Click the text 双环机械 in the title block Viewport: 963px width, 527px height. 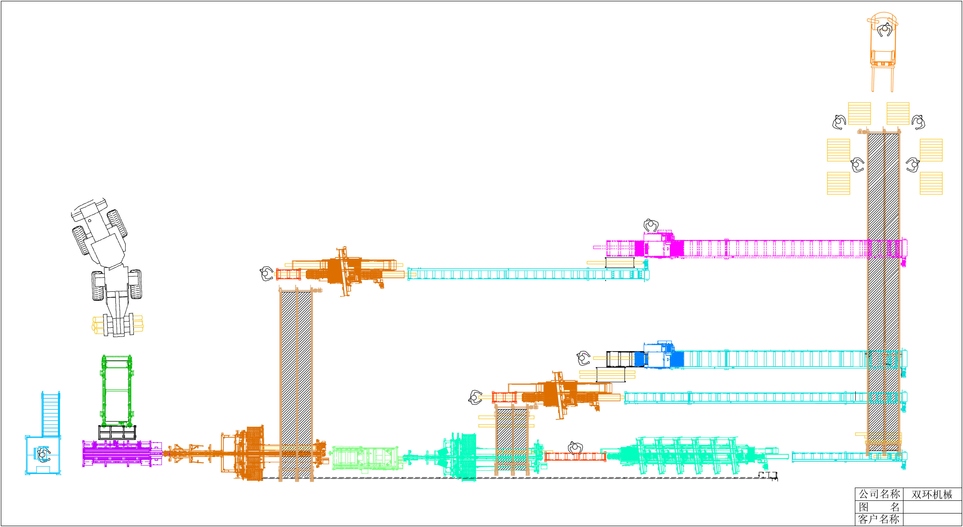click(932, 495)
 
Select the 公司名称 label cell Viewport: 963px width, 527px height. click(879, 495)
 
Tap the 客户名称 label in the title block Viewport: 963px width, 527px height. click(879, 519)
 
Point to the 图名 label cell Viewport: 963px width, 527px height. click(879, 507)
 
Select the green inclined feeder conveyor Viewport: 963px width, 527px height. click(117, 391)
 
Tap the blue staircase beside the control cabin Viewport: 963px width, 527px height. click(51, 414)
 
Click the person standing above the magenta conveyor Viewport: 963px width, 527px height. click(651, 225)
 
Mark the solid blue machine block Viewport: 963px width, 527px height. click(677, 359)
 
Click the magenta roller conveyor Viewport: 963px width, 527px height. click(774, 249)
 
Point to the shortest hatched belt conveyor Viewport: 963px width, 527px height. click(512, 439)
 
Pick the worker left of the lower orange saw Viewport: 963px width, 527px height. click(475, 397)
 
